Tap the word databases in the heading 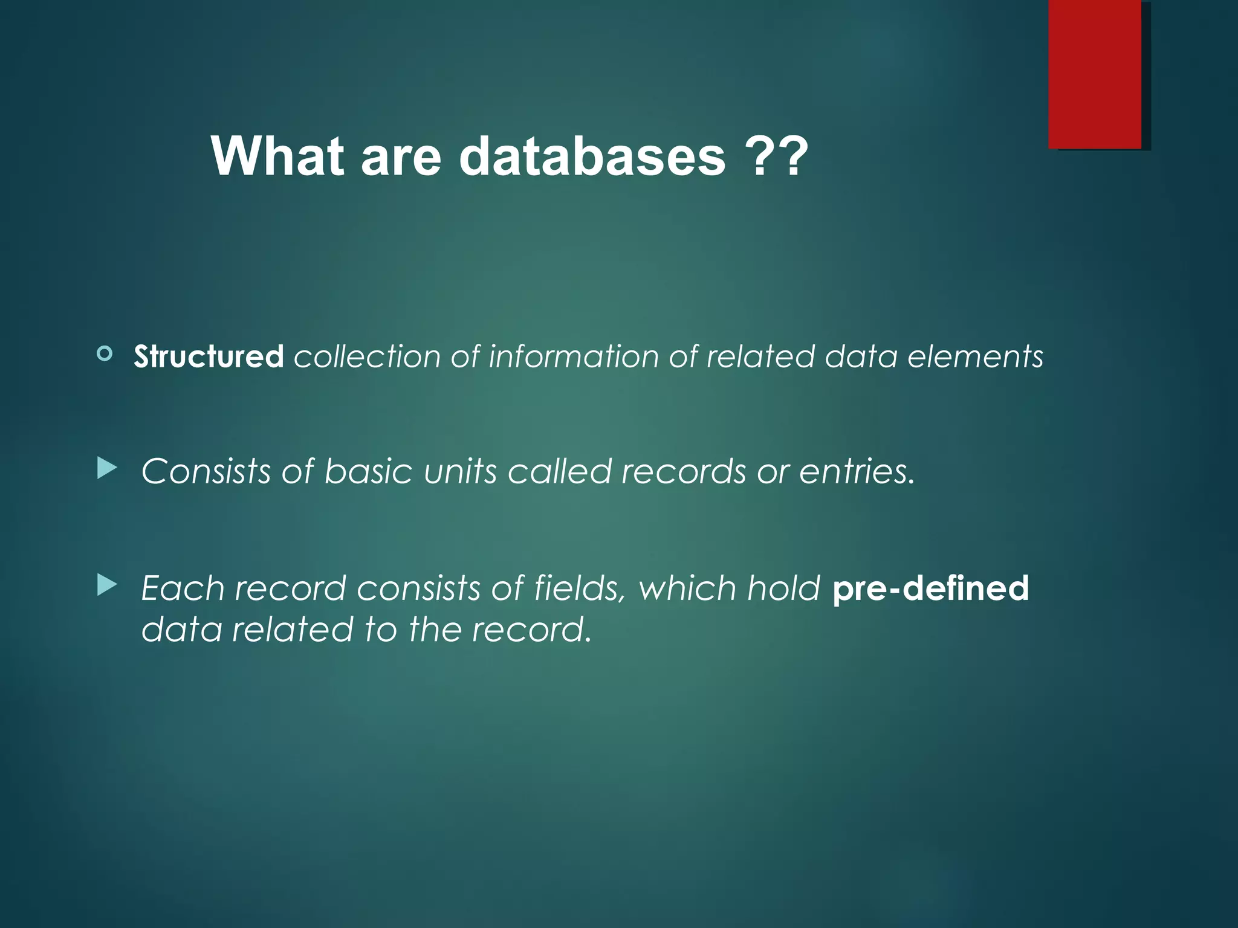pyautogui.click(x=592, y=156)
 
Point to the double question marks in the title pyautogui.click(x=776, y=156)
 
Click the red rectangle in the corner pyautogui.click(x=1095, y=74)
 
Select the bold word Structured pyautogui.click(x=209, y=356)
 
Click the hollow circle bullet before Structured pyautogui.click(x=105, y=353)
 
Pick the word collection pyautogui.click(x=367, y=356)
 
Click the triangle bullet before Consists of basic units pyautogui.click(x=106, y=468)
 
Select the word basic pyautogui.click(x=368, y=471)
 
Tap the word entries pyautogui.click(x=857, y=471)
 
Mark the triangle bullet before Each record pyautogui.click(x=106, y=584)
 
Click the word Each pyautogui.click(x=183, y=588)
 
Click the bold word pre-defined pyautogui.click(x=930, y=588)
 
